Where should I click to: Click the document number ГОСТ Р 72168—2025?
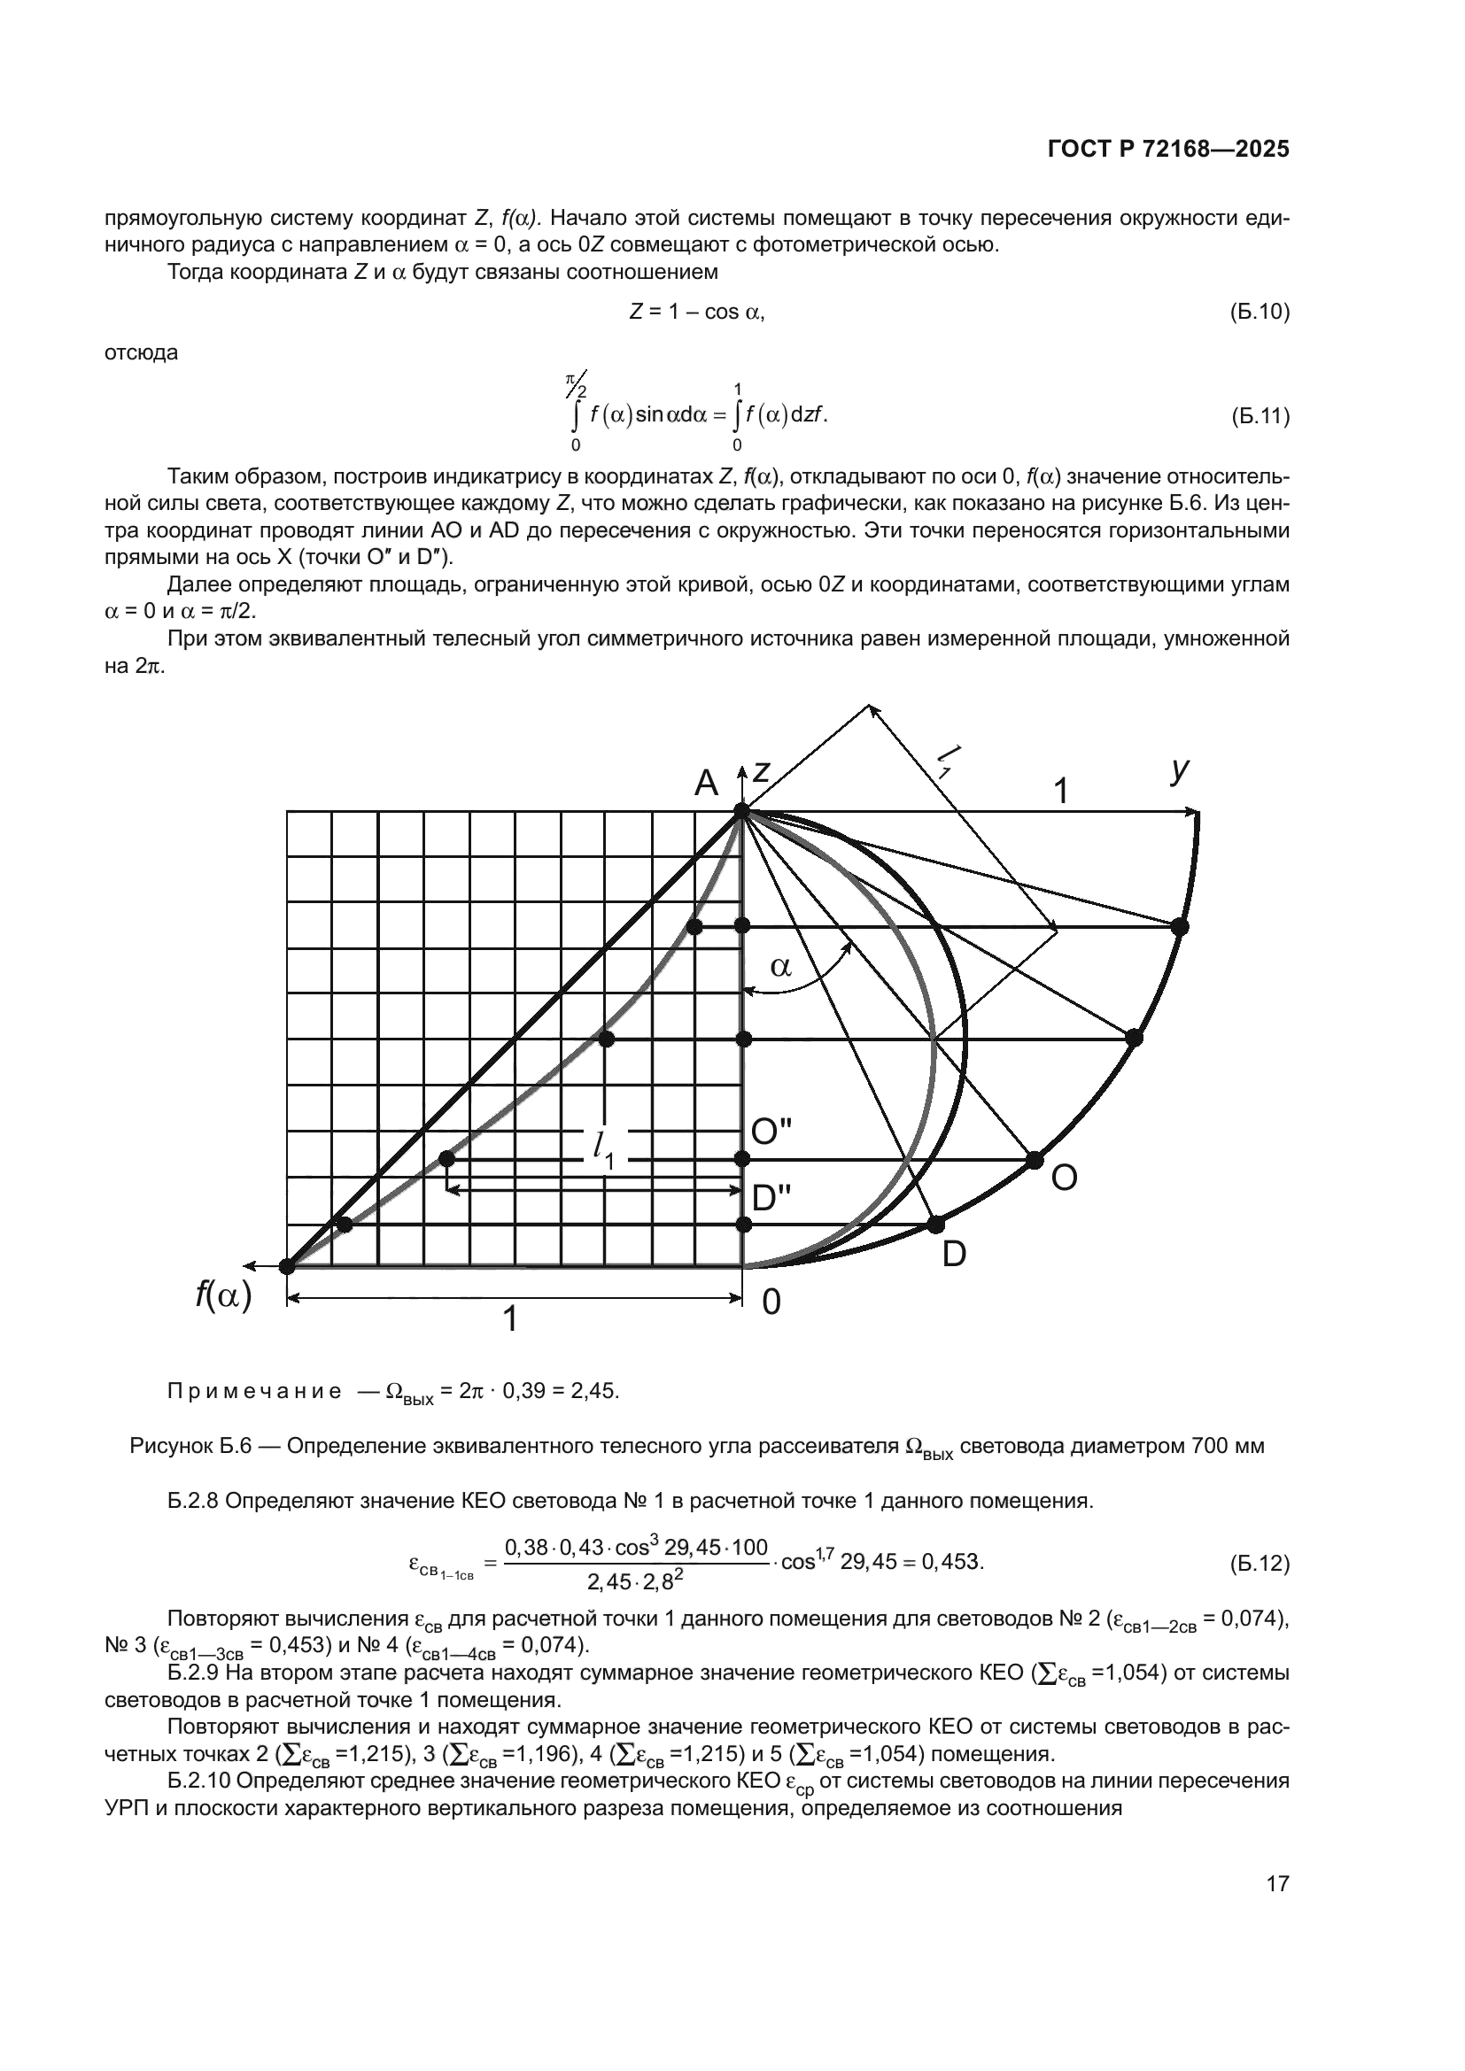coord(1168,150)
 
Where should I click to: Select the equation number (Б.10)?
coord(1260,312)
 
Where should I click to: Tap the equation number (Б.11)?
coord(1260,417)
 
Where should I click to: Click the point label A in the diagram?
coord(705,783)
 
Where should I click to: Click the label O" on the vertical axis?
coord(771,1132)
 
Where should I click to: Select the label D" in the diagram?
coord(771,1199)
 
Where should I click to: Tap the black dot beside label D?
coord(935,1224)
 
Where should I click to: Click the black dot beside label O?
coord(1035,1160)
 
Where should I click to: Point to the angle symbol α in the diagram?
coord(780,968)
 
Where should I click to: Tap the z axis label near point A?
coord(763,772)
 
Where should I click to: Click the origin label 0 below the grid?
coord(771,1302)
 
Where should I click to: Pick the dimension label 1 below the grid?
coord(509,1318)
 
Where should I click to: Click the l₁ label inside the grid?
coord(602,1149)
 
